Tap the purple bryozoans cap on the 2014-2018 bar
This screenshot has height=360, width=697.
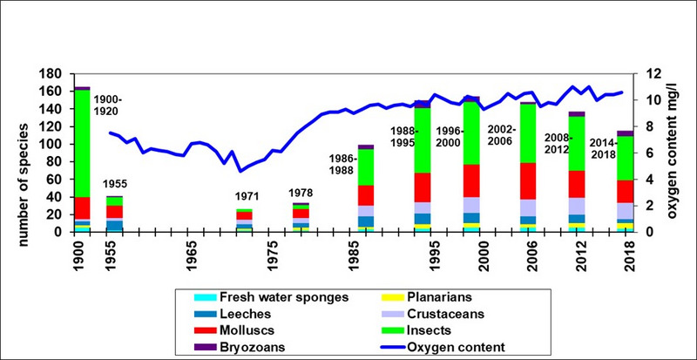point(625,133)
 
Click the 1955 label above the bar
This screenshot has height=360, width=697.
point(115,185)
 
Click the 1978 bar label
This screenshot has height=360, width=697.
point(301,192)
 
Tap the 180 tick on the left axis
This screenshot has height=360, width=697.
point(55,74)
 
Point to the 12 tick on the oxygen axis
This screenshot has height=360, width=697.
point(650,74)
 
